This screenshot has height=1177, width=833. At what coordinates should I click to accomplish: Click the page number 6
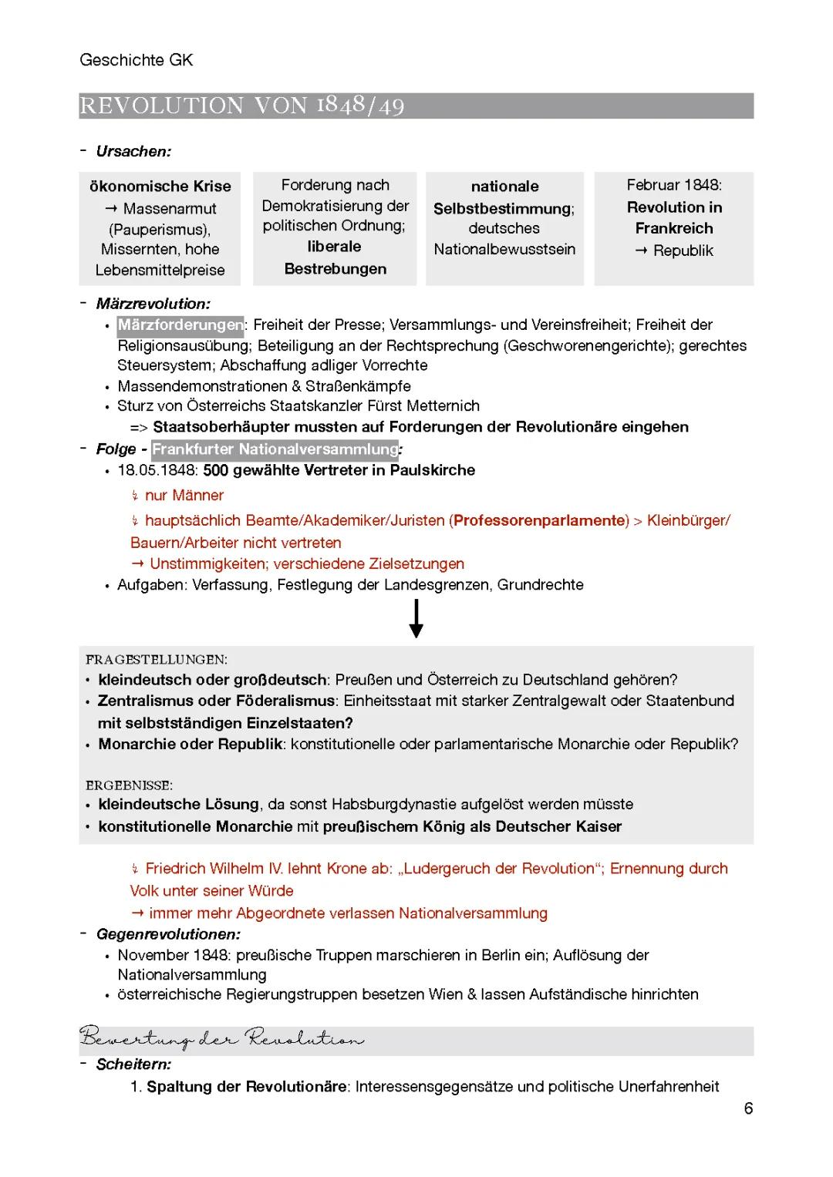pos(748,1108)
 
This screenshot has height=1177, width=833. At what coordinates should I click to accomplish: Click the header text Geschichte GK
pos(136,60)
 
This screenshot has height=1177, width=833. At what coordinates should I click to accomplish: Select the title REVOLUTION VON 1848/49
pos(241,106)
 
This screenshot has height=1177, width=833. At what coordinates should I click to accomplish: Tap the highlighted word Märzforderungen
pos(180,325)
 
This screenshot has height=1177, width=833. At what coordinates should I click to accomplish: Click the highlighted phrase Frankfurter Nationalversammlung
pos(275,449)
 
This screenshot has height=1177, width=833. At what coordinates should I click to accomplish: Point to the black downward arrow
pos(416,619)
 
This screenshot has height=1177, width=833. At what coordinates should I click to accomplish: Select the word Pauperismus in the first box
pos(160,230)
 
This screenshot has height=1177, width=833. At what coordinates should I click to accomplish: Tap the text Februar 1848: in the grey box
pos(673,186)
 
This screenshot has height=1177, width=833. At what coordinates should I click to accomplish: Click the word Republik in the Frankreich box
pos(683,251)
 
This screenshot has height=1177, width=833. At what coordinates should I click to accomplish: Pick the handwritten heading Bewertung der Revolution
pos(221,1039)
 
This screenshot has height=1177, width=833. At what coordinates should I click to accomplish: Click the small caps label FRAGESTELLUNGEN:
pos(157,660)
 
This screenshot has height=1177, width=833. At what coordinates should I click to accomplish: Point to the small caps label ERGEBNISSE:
pos(129,785)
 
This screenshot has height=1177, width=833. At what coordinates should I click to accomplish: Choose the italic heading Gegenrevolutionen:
pos(168,935)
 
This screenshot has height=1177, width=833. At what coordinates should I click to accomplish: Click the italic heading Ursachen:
pos(133,152)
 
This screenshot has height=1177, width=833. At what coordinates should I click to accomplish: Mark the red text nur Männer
pos(184,496)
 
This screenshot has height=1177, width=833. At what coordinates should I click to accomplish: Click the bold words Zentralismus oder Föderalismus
pos(216,701)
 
